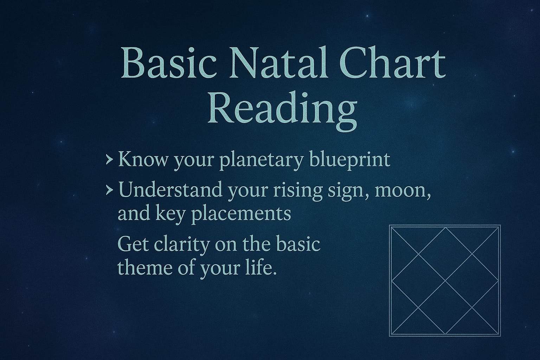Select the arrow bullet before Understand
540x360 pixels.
[109, 191]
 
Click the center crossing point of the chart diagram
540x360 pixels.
[445, 281]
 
